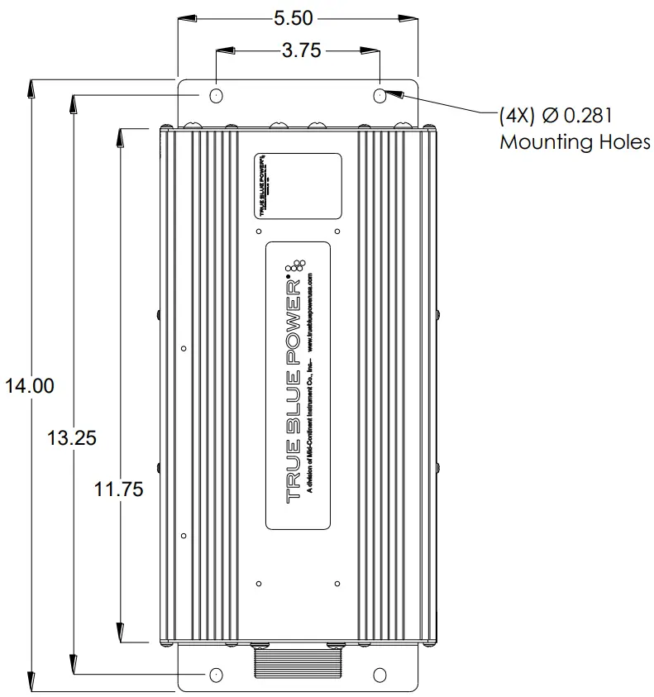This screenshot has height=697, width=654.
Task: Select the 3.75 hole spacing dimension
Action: click(301, 51)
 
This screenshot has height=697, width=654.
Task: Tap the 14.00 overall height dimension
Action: click(29, 385)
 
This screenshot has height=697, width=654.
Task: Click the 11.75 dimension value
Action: click(118, 489)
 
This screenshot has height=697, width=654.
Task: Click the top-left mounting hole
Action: click(216, 96)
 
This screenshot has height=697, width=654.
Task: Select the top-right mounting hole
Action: click(380, 96)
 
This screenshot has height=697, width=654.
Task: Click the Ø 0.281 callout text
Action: click(556, 115)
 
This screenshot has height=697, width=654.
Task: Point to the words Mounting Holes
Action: click(575, 142)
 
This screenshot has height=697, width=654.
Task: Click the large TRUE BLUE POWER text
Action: click(292, 389)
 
